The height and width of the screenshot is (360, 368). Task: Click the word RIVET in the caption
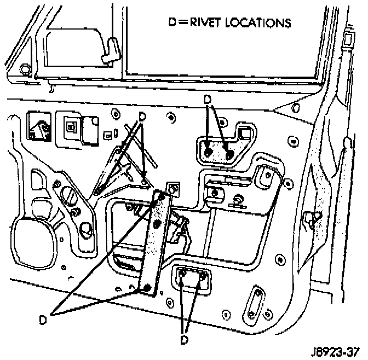(202, 24)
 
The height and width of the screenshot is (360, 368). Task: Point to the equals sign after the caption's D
(179, 24)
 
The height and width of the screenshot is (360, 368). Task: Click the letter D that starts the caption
(170, 24)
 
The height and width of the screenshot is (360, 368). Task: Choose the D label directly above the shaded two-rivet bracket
(206, 99)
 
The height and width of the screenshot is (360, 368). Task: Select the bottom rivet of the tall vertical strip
(146, 287)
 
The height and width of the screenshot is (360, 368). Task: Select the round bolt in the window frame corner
(23, 69)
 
